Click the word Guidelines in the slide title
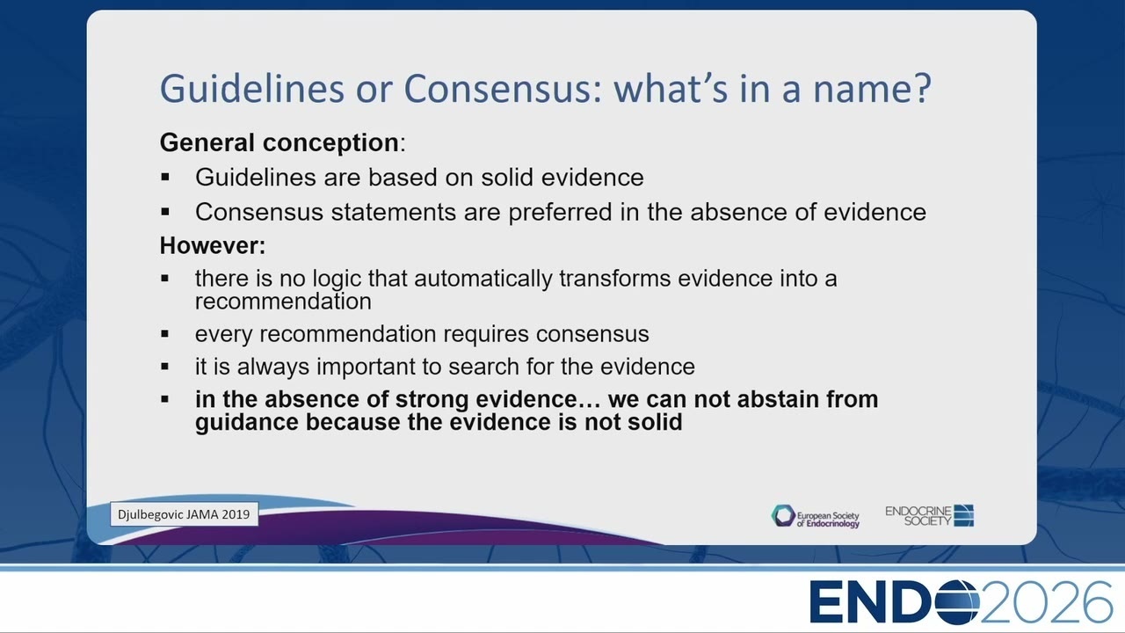click(252, 89)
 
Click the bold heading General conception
click(279, 142)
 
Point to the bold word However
click(213, 245)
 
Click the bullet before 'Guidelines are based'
click(165, 177)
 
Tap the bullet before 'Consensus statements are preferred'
click(165, 212)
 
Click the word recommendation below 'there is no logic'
click(283, 302)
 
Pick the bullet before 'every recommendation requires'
click(165, 333)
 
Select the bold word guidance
click(247, 423)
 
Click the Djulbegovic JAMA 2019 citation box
click(184, 514)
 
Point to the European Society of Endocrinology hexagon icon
click(783, 516)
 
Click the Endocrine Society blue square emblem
click(964, 515)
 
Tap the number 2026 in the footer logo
click(1045, 602)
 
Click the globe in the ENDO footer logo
click(957, 602)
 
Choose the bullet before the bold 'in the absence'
click(165, 399)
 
